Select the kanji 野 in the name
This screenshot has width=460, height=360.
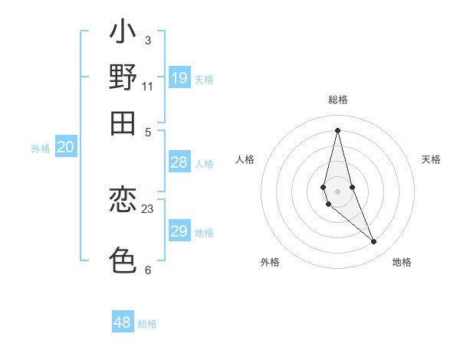pos(123,77)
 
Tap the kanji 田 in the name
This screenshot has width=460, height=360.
pos(123,123)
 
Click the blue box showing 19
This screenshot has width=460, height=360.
pos(179,77)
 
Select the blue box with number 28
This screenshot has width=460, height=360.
pos(179,162)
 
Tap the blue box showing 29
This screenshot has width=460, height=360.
pos(179,231)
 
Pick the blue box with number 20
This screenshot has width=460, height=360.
pos(66,148)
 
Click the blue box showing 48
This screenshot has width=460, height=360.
pos(123,322)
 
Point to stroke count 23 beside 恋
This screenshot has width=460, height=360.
pos(148,208)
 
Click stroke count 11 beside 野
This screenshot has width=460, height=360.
pos(148,86)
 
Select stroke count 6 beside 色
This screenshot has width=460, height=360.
pos(148,270)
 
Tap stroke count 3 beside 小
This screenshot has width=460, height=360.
pos(148,40)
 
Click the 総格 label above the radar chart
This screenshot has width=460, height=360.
pos(337,100)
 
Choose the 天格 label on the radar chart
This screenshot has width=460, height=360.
pos(431,159)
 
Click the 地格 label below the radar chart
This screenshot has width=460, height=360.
pos(402,262)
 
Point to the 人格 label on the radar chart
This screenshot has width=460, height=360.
pos(245,159)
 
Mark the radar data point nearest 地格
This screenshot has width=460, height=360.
pos(374,242)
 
